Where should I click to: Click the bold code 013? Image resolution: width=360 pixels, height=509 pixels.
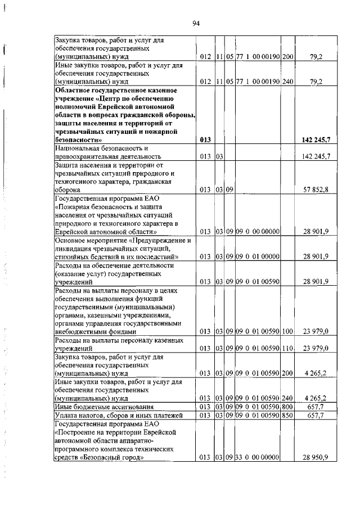click(x=205, y=139)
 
